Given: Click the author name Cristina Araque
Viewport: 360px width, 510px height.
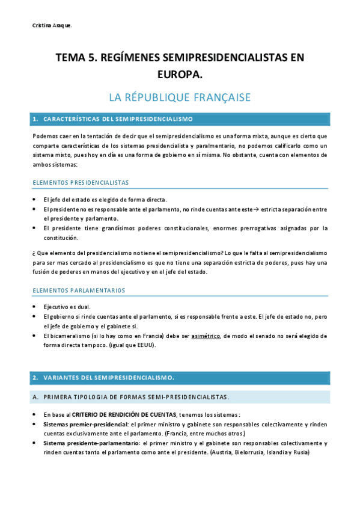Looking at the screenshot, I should (52, 25).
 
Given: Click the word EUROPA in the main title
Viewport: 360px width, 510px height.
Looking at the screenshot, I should (180, 73).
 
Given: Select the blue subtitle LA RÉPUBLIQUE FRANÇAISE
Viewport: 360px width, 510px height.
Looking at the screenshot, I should (180, 97).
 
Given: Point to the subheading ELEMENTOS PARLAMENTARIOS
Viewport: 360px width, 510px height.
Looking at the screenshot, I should (79, 290).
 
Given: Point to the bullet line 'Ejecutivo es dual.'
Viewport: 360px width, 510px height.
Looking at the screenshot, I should (67, 307).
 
